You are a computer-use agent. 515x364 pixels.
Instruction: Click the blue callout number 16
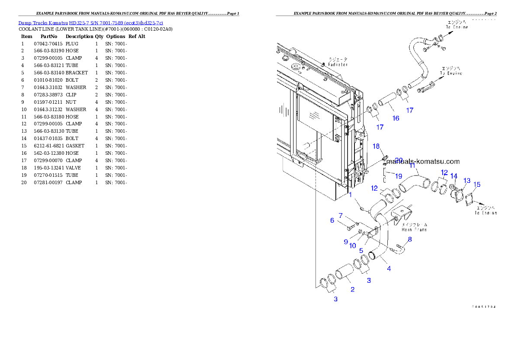coord(396,118)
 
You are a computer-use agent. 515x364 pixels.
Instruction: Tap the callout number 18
coord(377,146)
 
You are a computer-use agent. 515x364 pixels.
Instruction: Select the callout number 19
coord(399,176)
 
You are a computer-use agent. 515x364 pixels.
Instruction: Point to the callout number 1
coord(351,195)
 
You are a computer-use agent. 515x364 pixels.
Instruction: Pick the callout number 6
coord(332,220)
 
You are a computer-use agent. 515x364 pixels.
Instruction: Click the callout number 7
coord(341,215)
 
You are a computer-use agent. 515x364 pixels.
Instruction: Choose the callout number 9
coord(346,242)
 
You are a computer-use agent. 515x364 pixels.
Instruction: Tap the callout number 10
coord(353,246)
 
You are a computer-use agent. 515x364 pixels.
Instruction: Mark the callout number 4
coord(389,269)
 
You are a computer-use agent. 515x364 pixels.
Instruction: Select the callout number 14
coord(454,176)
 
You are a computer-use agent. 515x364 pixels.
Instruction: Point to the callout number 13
coord(467,180)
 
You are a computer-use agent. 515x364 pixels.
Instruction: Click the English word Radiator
coord(338,64)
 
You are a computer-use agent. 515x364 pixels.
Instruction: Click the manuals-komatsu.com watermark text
coord(422,162)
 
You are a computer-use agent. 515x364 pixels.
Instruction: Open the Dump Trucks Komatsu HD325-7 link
coord(90,23)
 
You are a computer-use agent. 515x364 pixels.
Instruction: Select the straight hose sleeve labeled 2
coord(344,275)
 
